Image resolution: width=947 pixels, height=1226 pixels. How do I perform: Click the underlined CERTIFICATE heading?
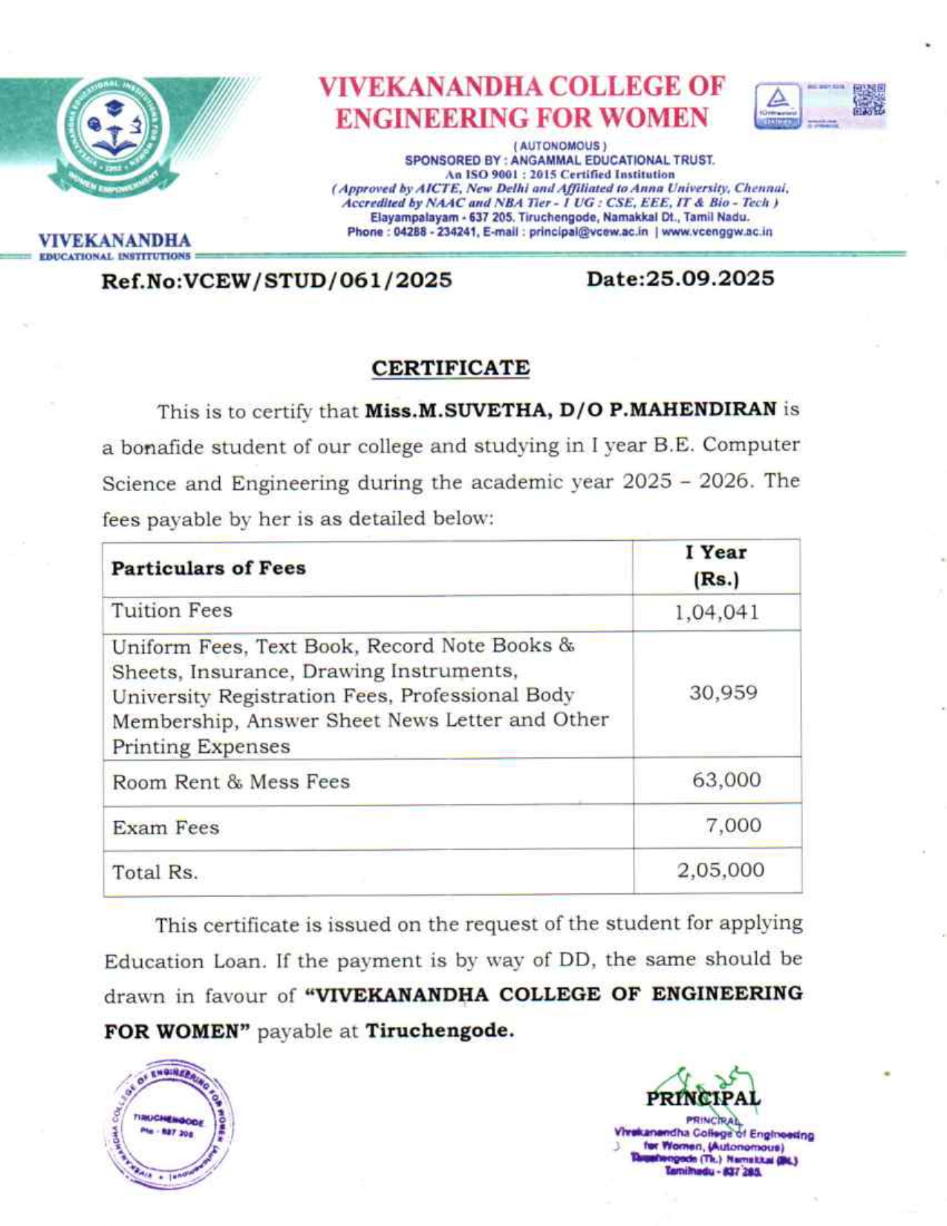450,369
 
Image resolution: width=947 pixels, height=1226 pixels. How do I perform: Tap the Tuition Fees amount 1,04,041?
717,612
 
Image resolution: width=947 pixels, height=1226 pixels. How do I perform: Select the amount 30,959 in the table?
723,693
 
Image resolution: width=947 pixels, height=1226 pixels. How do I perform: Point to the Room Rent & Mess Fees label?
231,782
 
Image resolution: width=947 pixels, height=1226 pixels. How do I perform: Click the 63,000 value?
726,780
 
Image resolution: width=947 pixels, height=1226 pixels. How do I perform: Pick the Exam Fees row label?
166,828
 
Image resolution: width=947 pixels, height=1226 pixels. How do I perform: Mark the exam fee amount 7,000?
733,826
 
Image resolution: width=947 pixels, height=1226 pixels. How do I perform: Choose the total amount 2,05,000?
720,870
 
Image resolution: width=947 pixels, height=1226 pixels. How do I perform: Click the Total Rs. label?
155,872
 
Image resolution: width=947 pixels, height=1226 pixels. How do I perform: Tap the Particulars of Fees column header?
209,568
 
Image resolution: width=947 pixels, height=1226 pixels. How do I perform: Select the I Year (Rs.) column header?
716,566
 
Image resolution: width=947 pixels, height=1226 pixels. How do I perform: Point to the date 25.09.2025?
709,279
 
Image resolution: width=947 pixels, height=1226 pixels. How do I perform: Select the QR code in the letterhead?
869,100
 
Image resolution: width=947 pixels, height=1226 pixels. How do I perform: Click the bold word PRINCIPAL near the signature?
703,1098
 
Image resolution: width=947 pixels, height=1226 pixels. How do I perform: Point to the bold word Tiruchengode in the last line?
439,1031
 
